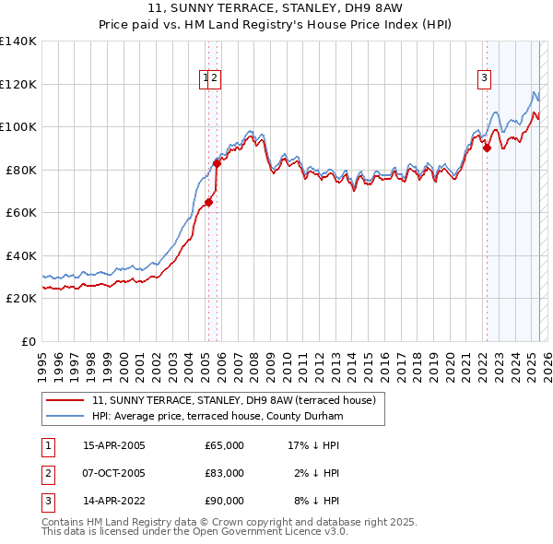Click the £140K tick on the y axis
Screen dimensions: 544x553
click(18, 41)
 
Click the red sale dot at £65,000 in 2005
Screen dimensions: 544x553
click(209, 202)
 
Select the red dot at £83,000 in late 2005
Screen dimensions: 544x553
click(217, 163)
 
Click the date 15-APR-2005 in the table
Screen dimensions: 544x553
click(114, 445)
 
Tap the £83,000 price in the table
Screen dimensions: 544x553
click(224, 473)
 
